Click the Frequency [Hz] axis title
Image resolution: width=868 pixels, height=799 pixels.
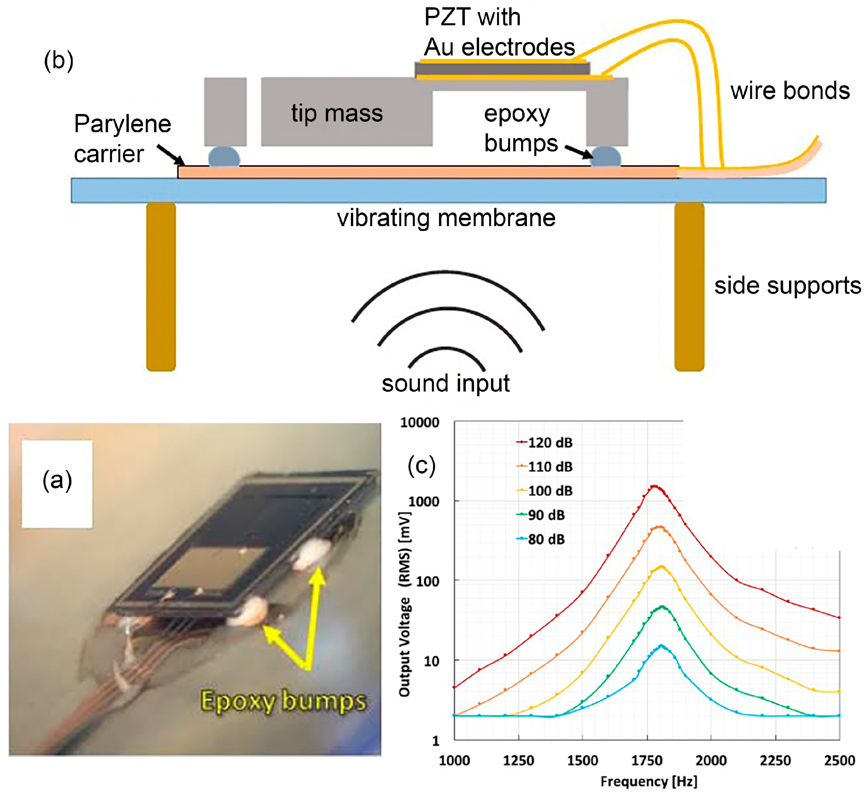(649, 781)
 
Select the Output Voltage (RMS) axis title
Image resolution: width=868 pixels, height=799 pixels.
(404, 605)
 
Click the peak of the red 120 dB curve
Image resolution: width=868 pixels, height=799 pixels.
(655, 487)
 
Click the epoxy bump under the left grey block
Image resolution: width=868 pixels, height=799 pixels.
(224, 157)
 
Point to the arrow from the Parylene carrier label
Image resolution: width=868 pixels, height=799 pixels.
(170, 155)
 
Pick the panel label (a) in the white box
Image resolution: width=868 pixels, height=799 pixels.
(57, 481)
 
